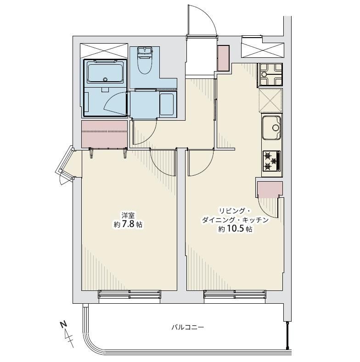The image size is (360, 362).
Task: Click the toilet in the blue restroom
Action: pyautogui.click(x=145, y=61)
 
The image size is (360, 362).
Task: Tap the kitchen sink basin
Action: pyautogui.click(x=271, y=128)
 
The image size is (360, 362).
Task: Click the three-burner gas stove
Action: pyautogui.click(x=271, y=161)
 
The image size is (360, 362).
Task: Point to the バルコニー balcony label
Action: pyautogui.click(x=188, y=327)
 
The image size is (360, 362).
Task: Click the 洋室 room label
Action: pyautogui.click(x=128, y=216)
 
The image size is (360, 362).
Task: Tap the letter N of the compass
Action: pyautogui.click(x=64, y=324)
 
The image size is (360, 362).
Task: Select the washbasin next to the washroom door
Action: pyautogui.click(x=167, y=104)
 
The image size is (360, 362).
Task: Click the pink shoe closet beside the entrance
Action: pyautogui.click(x=224, y=58)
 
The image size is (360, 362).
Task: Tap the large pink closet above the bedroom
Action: pyautogui.click(x=105, y=134)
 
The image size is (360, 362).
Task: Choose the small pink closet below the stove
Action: pyautogui.click(x=270, y=189)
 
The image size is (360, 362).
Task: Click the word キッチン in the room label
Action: pyautogui.click(x=259, y=220)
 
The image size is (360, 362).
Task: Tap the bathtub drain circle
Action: pyautogui.click(x=105, y=79)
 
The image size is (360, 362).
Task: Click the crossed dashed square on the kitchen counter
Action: pyautogui.click(x=270, y=100)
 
